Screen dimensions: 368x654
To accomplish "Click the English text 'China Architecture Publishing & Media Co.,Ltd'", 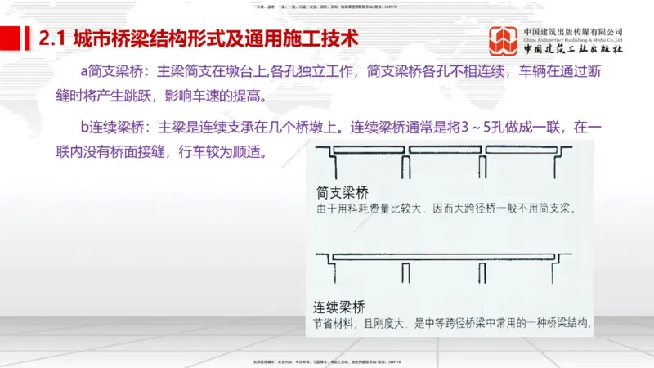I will [x=573, y=39].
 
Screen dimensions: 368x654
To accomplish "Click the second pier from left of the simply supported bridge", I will [x=405, y=160].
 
